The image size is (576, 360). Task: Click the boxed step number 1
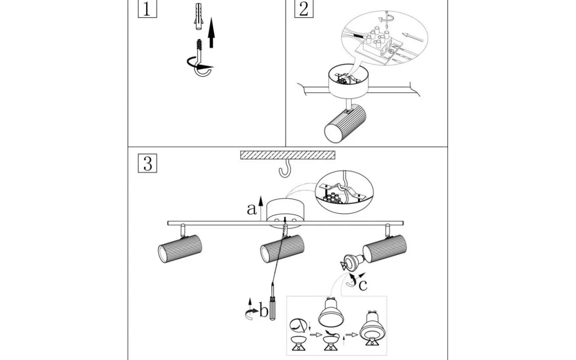[147, 9]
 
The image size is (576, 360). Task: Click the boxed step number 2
[303, 9]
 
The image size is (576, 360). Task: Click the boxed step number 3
[147, 163]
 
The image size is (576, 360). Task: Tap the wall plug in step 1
[198, 17]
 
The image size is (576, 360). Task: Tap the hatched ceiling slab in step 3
[288, 155]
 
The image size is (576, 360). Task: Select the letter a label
[251, 209]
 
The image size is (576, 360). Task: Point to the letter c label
[362, 285]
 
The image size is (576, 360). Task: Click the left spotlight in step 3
[180, 248]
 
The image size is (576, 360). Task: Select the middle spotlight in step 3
[282, 248]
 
